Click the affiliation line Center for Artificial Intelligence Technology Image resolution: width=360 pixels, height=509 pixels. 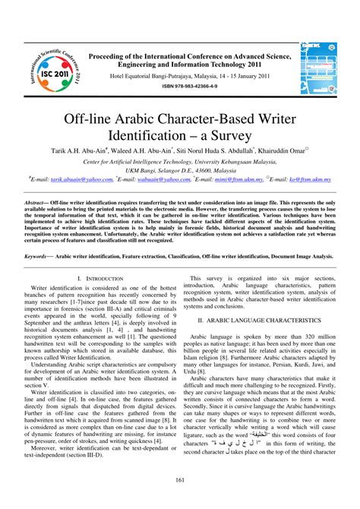[180, 162]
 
